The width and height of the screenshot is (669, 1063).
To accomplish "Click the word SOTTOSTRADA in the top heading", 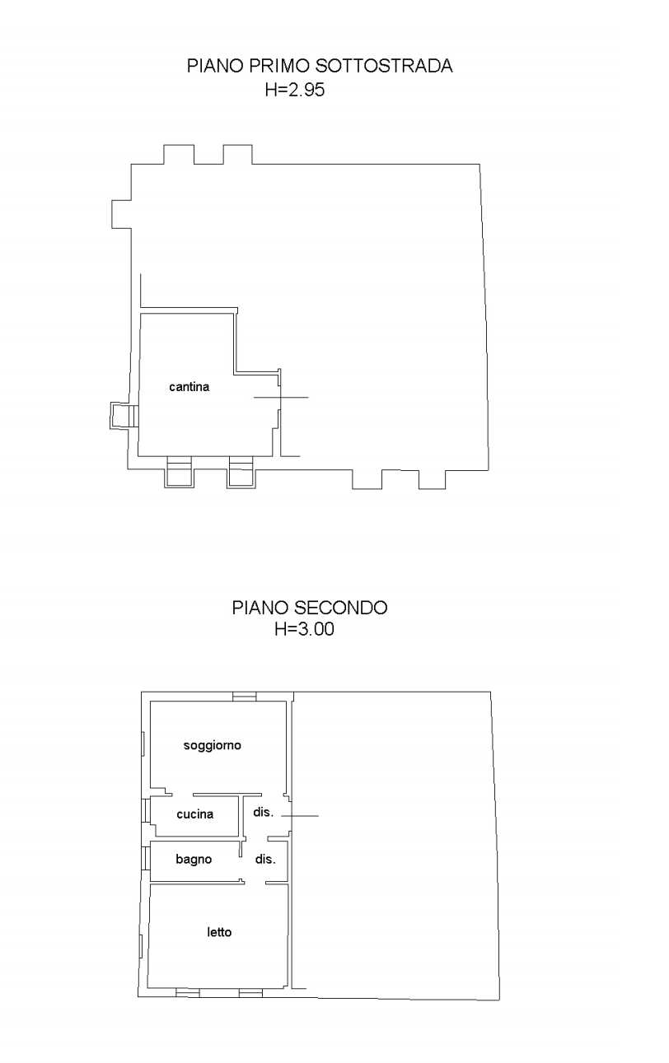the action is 384,66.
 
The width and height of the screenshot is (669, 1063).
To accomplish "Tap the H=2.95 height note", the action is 295,90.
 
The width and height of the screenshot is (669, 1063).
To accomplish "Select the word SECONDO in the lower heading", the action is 340,608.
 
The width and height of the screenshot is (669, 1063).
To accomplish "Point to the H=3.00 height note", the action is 304,629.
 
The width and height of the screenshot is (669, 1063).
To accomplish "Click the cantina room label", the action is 189,387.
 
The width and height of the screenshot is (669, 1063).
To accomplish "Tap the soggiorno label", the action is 213,745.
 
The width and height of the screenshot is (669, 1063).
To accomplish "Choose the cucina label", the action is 194,814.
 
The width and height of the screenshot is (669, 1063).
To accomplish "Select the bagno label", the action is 194,859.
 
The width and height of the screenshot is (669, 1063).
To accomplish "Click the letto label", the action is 219,932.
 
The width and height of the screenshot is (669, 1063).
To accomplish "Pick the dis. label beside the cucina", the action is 264,812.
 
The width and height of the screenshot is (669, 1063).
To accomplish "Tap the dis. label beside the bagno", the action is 265,859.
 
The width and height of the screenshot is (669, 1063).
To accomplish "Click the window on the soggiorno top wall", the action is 245,697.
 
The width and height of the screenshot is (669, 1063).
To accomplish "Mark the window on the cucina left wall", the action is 146,810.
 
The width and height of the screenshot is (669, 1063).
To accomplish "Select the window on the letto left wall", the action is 141,946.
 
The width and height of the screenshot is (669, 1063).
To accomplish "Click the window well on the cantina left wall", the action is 124,416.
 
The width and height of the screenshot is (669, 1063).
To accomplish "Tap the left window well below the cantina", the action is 179,471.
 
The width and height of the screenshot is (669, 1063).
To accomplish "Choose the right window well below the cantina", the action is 241,471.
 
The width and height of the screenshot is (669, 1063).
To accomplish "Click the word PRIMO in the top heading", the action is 279,66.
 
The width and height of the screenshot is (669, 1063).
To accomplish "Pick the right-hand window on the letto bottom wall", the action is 250,992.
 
